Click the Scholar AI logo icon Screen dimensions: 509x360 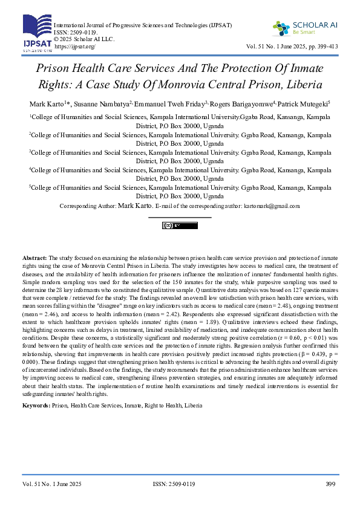click(281, 28)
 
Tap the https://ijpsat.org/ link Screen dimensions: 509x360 click(75, 46)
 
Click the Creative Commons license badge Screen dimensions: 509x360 click(180, 225)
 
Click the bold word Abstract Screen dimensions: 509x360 click(34, 258)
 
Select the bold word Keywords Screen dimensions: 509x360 click(36, 404)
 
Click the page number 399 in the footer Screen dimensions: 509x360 click(330, 484)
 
